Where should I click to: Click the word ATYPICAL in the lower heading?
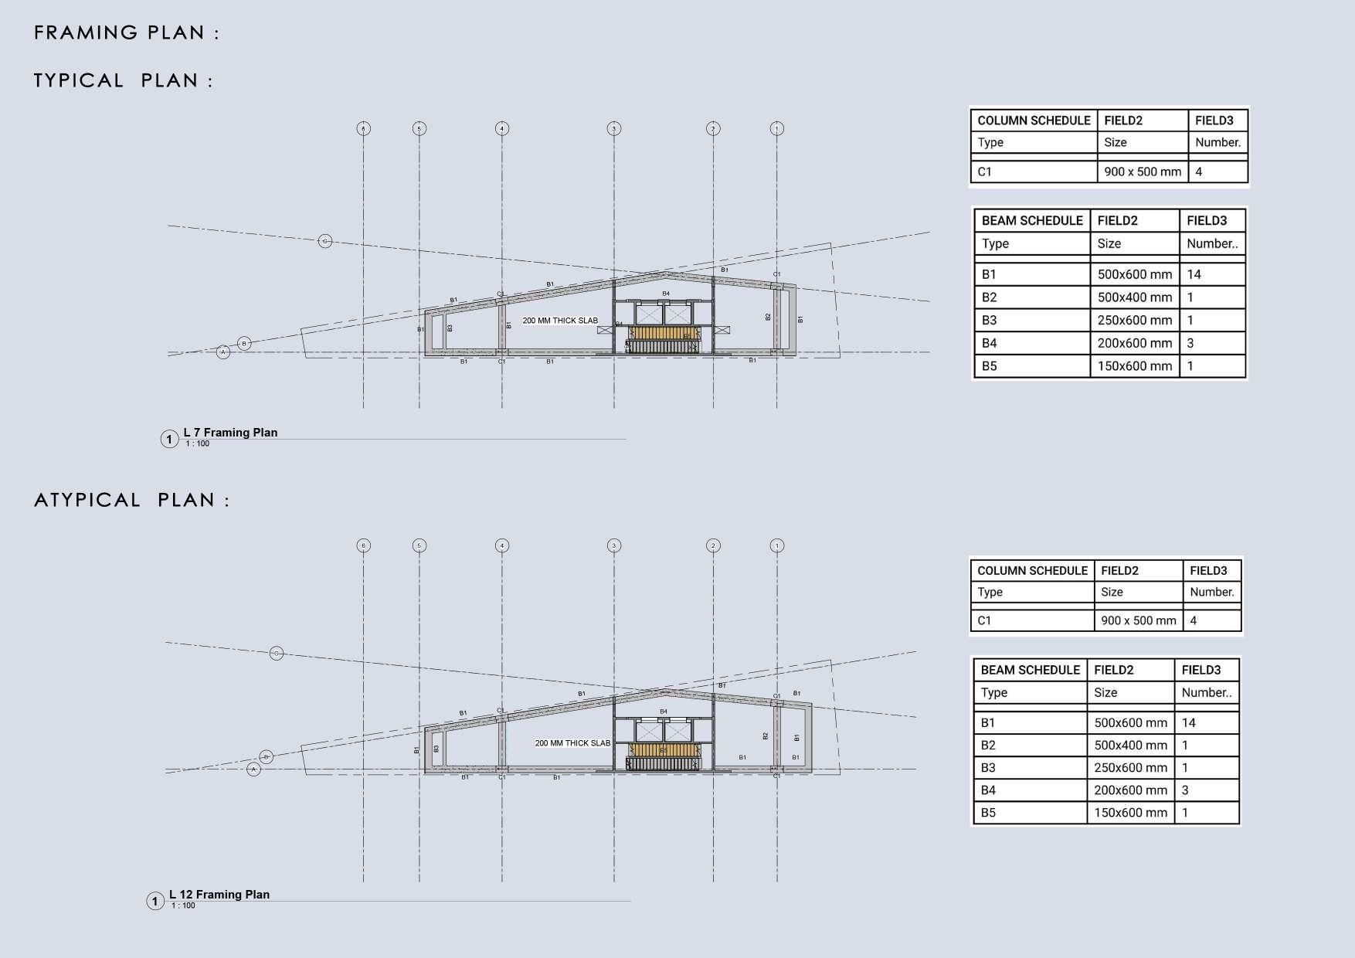pyautogui.click(x=87, y=500)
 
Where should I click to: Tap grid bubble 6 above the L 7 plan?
pyautogui.click(x=364, y=128)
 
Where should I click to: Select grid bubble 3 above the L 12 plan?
pyautogui.click(x=614, y=545)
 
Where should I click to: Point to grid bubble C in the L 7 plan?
pyautogui.click(x=325, y=242)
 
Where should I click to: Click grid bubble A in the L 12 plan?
pyautogui.click(x=253, y=769)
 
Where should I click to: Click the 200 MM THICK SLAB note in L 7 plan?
pyautogui.click(x=560, y=321)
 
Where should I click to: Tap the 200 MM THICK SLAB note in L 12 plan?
pyautogui.click(x=572, y=743)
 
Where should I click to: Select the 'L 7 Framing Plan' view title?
pyautogui.click(x=230, y=433)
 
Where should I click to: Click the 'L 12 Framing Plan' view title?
pyautogui.click(x=219, y=895)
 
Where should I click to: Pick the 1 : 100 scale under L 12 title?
pyautogui.click(x=183, y=905)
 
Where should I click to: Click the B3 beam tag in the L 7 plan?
pyautogui.click(x=450, y=328)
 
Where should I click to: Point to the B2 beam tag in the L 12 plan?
pyautogui.click(x=766, y=736)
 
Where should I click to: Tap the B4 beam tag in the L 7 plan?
pyautogui.click(x=666, y=294)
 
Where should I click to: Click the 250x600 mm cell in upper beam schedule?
pyautogui.click(x=1134, y=320)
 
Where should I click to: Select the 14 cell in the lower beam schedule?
pyautogui.click(x=1188, y=723)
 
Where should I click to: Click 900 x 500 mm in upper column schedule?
pyautogui.click(x=1143, y=172)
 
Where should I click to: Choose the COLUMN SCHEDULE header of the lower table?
pyautogui.click(x=1032, y=571)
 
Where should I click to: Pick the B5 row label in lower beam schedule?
pyautogui.click(x=988, y=813)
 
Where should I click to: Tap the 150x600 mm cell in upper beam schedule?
pyautogui.click(x=1134, y=366)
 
